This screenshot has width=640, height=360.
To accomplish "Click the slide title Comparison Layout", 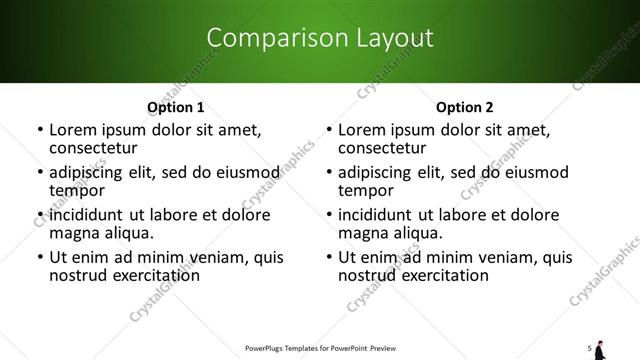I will tap(319, 39).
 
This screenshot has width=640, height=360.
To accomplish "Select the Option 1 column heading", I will tap(175, 107).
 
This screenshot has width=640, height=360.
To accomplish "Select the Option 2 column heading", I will tap(464, 107).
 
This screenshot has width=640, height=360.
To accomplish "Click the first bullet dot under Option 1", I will tap(40, 131).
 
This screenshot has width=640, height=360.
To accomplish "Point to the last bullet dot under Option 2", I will tap(329, 258).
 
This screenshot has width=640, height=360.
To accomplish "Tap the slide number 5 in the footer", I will tap(590, 348).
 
